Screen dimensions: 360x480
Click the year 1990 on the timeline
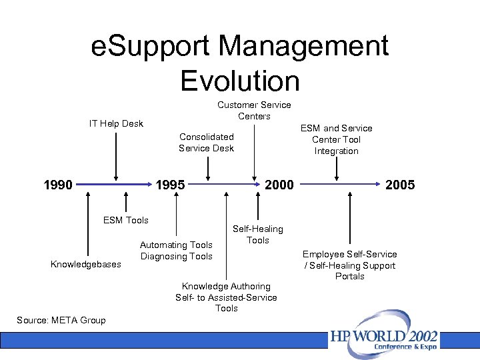tap(58, 185)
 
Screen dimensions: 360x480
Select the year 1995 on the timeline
tap(170, 185)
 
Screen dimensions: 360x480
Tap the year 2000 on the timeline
tap(279, 185)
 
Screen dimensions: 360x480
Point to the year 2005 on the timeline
tap(400, 185)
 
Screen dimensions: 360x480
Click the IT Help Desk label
tap(116, 123)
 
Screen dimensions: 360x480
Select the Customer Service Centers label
tap(254, 110)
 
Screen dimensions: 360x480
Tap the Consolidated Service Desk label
tap(206, 142)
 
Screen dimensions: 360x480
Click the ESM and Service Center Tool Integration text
tap(337, 139)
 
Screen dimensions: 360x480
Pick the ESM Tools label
tap(126, 220)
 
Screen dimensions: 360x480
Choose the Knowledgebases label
tap(86, 264)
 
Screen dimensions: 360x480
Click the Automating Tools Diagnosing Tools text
tap(176, 251)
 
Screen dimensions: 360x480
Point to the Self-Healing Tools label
tap(257, 234)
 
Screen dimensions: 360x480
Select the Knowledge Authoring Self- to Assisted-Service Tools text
tap(226, 297)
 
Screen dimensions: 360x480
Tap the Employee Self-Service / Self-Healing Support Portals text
tap(350, 265)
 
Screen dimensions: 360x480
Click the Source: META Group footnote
tap(61, 320)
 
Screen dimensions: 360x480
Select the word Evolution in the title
tap(240, 81)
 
